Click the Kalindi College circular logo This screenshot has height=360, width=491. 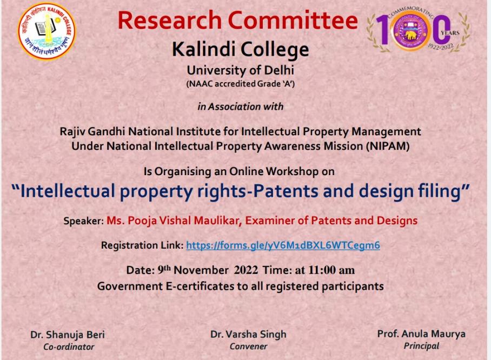click(47, 31)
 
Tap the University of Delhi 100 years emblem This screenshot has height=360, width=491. click(418, 31)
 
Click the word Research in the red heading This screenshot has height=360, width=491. click(169, 20)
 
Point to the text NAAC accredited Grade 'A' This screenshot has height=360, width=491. click(241, 84)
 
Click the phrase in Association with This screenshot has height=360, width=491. click(241, 106)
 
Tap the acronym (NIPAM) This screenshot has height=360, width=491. click(388, 146)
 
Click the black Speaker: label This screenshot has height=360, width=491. click(84, 221)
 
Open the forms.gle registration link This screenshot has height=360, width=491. click(283, 245)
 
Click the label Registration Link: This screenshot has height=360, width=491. click(142, 245)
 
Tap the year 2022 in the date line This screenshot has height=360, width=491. click(246, 270)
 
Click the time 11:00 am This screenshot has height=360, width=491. click(331, 270)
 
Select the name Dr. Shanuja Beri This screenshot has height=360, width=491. click(68, 335)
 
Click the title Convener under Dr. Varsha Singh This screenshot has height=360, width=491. click(248, 346)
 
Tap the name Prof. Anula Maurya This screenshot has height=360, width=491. click(421, 334)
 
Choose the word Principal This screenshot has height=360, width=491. click(421, 346)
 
